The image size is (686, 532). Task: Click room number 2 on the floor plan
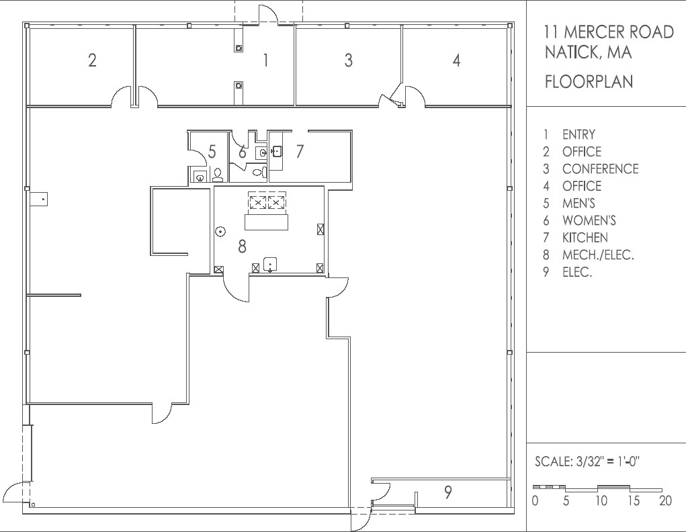[92, 60]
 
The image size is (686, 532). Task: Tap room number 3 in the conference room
[348, 60]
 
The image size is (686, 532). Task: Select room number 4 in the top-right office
[456, 60]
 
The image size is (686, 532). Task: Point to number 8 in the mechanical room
[242, 247]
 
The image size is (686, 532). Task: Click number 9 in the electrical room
[447, 493]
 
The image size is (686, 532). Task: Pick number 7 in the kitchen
[300, 152]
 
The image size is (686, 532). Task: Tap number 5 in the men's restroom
[212, 152]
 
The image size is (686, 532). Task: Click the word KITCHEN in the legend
[585, 238]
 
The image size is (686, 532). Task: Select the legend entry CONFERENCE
[600, 169]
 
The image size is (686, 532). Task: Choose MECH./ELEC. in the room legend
[598, 255]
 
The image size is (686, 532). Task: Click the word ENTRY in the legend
[578, 135]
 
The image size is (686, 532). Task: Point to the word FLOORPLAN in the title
[589, 82]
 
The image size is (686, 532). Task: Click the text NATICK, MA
[588, 52]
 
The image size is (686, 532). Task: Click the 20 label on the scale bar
[665, 501]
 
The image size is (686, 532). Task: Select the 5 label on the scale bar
[566, 501]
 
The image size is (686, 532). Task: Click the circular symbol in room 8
[220, 232]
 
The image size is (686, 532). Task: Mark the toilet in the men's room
[217, 176]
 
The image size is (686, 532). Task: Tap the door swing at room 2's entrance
[122, 97]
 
